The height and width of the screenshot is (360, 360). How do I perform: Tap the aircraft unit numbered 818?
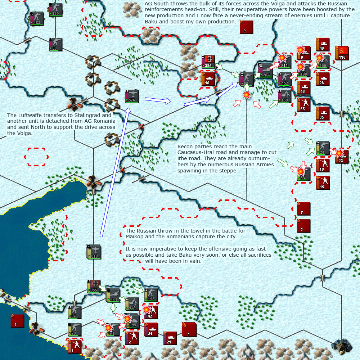point(94,252)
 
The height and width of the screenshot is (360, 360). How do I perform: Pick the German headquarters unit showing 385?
point(208,62)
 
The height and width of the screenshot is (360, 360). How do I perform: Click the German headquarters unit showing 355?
point(94,286)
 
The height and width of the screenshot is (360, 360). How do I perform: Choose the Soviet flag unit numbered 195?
point(341,53)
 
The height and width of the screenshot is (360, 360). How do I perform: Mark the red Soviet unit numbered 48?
point(323,44)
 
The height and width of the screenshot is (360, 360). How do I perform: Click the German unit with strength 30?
point(56,44)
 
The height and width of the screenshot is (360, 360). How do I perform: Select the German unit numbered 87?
point(75,312)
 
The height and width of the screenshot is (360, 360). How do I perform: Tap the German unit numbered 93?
point(75,329)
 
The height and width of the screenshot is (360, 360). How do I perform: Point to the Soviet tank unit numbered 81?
point(150,329)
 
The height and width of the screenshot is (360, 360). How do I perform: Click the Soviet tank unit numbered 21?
point(170,338)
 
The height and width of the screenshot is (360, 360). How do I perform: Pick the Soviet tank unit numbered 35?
point(323,113)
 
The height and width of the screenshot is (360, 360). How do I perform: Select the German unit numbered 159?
point(284,96)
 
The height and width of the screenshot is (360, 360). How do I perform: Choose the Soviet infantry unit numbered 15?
point(323,183)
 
